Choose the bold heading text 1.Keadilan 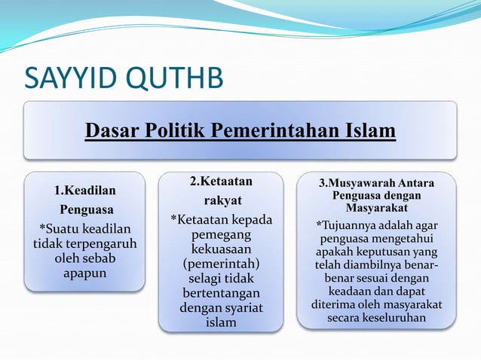point(84,191)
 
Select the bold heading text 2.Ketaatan point(220,182)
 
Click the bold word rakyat point(220,200)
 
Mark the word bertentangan point(220,293)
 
